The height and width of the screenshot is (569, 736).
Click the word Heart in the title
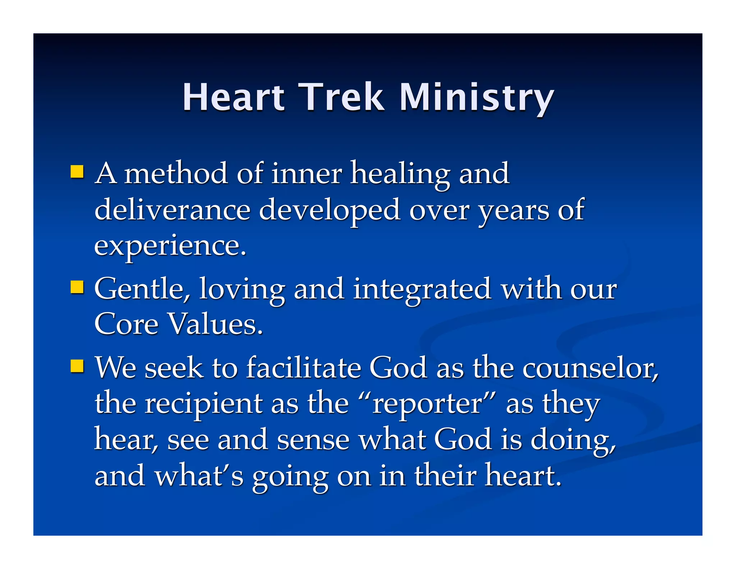(234, 97)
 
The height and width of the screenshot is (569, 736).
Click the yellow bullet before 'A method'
(77, 172)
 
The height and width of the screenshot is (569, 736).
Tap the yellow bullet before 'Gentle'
(77, 287)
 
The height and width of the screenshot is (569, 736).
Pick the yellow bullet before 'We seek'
(77, 366)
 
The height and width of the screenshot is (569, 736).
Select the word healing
(400, 173)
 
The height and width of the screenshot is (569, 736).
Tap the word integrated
(422, 288)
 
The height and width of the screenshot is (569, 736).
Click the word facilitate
(304, 368)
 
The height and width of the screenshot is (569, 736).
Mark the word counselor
(590, 368)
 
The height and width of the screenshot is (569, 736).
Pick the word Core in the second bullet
(126, 324)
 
